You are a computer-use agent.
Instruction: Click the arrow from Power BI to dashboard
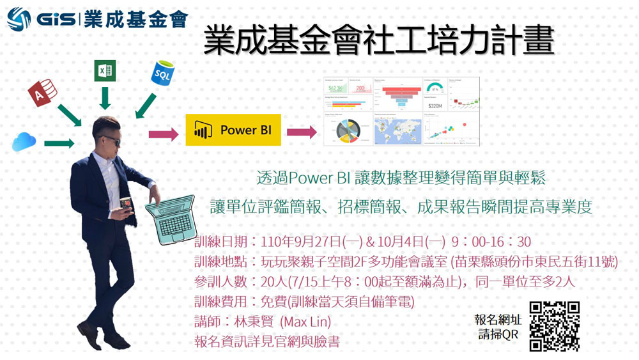[x=301, y=132]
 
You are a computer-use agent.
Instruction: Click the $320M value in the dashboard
[x=436, y=105]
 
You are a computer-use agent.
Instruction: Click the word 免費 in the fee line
[x=274, y=301]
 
